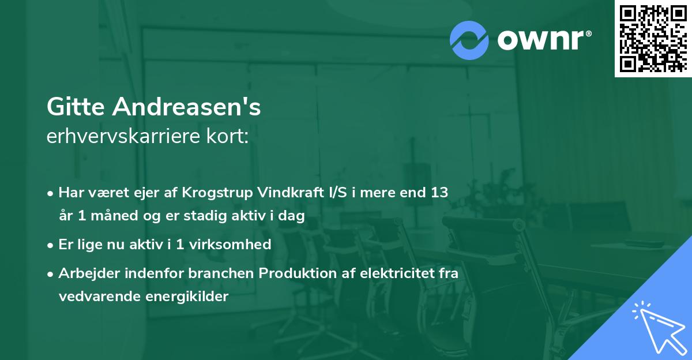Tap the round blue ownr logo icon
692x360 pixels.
(x=469, y=40)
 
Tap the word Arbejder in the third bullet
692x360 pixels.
(x=84, y=273)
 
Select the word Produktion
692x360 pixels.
(x=294, y=273)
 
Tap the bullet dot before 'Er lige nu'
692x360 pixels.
(x=51, y=245)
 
